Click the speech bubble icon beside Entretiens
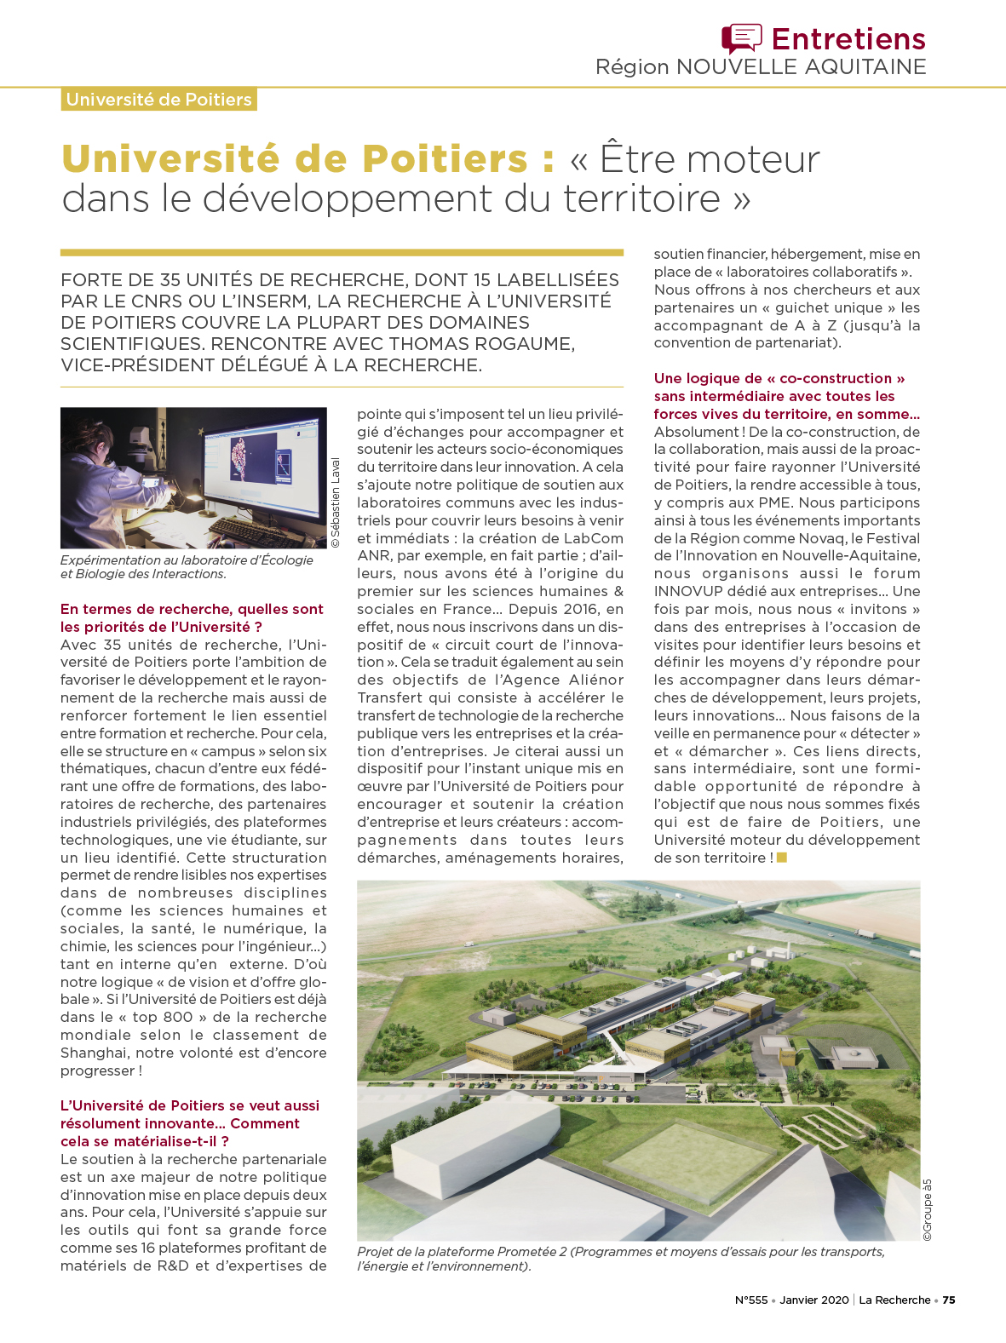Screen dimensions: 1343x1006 coord(741,38)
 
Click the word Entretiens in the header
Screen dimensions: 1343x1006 coord(848,39)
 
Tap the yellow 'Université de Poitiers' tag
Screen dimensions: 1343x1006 coord(159,100)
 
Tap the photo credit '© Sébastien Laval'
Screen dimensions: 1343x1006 coord(335,502)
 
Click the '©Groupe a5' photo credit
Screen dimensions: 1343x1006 coord(928,1209)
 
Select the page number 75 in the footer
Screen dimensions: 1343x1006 coord(948,1300)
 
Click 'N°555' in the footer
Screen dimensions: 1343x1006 coord(750,1300)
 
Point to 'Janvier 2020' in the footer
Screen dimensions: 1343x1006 coord(813,1300)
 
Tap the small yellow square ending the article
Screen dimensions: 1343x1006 coord(782,858)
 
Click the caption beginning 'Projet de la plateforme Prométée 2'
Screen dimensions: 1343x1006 coord(620,1259)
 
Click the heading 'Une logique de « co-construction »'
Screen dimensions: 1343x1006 coord(779,378)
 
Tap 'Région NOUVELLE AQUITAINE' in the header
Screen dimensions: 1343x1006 coord(760,67)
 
